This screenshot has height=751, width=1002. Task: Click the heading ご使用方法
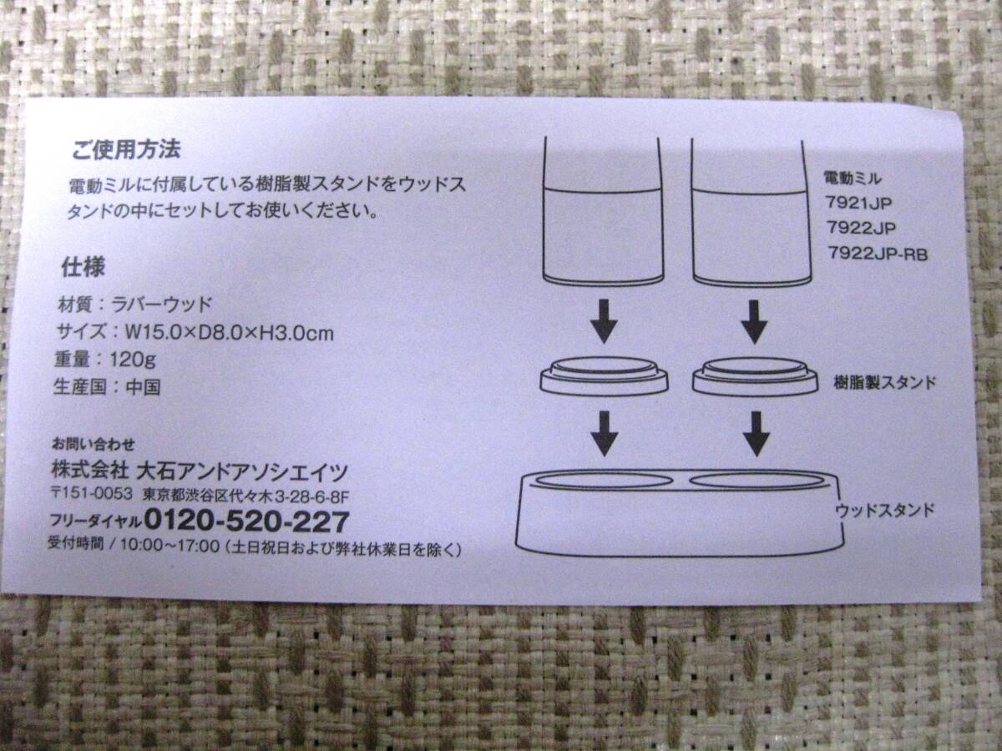126,149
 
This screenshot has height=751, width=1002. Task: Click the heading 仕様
83,267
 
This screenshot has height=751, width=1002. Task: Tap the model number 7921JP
858,203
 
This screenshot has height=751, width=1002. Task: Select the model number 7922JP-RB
878,253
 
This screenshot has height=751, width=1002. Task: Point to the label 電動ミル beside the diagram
853,179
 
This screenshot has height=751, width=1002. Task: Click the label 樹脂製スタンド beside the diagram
884,382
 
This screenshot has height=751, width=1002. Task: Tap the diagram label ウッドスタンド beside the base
884,509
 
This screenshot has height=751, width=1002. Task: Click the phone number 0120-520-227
246,522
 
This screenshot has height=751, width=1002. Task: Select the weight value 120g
133,360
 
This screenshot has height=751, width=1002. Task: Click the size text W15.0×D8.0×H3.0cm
230,333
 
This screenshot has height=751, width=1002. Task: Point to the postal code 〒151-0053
92,494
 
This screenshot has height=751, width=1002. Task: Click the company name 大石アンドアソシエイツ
242,471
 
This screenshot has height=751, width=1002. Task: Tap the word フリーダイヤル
96,522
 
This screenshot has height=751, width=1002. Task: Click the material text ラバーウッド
162,305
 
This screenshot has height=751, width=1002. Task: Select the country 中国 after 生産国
144,387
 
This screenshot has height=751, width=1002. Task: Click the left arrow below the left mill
604,321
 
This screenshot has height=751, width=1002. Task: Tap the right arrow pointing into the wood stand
756,434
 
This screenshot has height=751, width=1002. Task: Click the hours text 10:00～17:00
170,547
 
